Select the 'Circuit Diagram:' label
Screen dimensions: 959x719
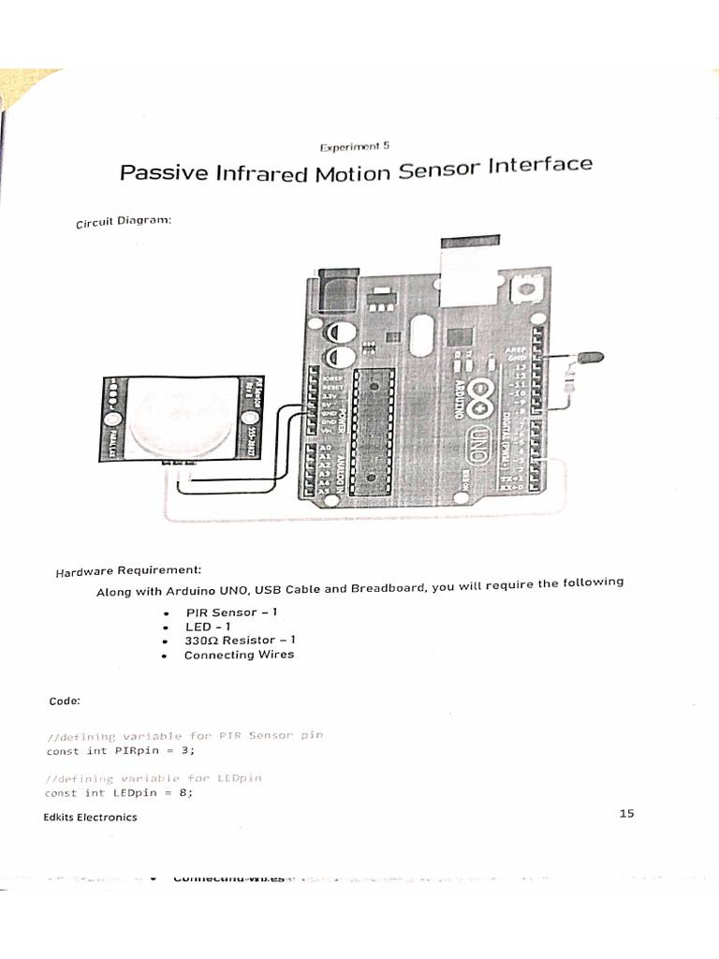tap(123, 221)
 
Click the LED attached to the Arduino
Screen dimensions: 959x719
tap(589, 357)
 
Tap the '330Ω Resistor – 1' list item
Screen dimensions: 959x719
tap(240, 641)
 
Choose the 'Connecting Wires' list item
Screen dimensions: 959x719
tap(239, 655)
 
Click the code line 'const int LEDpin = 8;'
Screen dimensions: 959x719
tap(119, 792)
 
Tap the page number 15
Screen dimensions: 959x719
tap(626, 813)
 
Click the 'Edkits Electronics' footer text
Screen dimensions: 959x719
tap(90, 817)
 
